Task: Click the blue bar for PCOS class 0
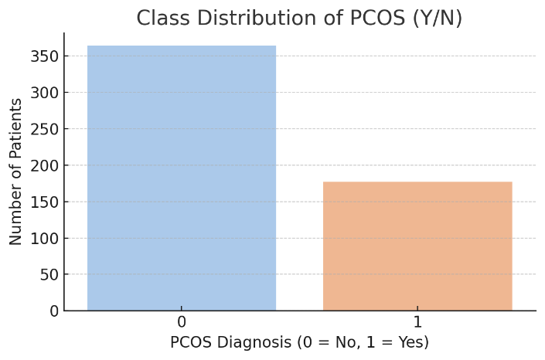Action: coord(182,178)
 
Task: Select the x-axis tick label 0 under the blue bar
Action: coord(182,322)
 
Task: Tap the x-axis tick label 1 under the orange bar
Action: coord(417,322)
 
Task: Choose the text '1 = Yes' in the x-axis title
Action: coord(395,342)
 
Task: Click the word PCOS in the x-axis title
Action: coord(192,342)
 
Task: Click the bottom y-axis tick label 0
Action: coord(54,311)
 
